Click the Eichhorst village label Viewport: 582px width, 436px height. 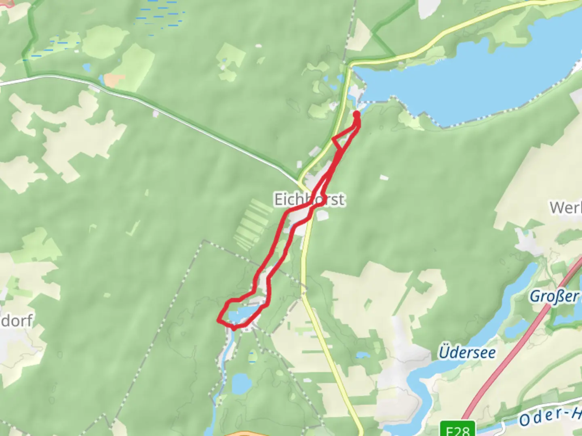pos(309,199)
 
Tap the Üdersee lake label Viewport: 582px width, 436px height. pos(467,352)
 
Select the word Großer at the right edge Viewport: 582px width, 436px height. pos(554,296)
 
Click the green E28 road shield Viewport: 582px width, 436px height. pos(458,429)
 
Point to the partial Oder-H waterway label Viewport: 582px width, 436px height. pos(550,416)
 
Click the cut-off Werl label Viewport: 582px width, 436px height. pos(566,208)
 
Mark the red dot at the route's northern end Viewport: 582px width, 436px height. pos(357,114)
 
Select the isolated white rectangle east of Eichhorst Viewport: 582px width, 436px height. pos(384,177)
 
